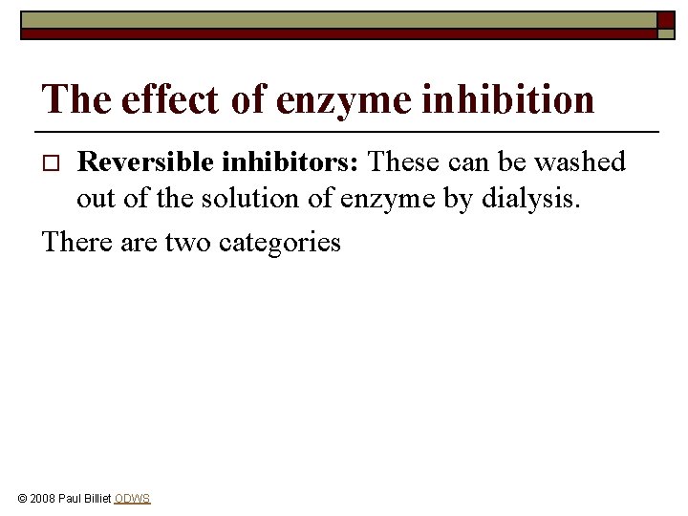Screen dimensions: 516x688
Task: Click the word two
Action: (x=188, y=242)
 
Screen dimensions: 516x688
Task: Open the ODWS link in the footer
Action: (x=132, y=499)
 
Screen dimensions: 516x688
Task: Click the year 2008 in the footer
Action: (x=43, y=499)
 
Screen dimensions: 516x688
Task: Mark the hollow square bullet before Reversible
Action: (x=54, y=163)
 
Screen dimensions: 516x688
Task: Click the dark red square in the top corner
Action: (x=666, y=19)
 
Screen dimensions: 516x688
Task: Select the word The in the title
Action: (x=70, y=98)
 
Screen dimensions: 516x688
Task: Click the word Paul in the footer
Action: (x=69, y=499)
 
